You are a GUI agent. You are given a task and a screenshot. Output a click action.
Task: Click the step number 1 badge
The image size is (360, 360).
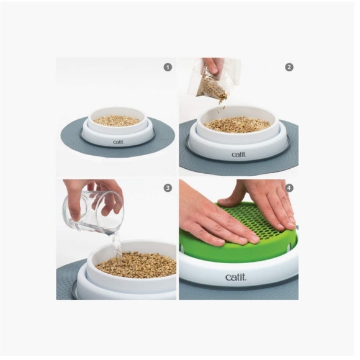coord(168,67)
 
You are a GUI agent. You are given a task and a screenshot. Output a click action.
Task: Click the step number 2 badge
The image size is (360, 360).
coord(289,67)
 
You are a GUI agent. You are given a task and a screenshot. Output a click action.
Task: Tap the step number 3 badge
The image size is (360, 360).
coord(168,188)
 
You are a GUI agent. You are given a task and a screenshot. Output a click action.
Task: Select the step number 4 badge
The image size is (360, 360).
coord(289,188)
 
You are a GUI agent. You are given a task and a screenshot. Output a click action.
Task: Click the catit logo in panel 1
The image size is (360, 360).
coord(118,142)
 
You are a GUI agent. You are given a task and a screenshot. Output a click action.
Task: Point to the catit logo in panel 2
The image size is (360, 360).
coord(238,155)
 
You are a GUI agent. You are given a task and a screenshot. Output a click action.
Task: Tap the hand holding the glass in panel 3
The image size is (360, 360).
coord(93,192)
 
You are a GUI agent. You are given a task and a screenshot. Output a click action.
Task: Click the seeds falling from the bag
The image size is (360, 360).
coord(220,106)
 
